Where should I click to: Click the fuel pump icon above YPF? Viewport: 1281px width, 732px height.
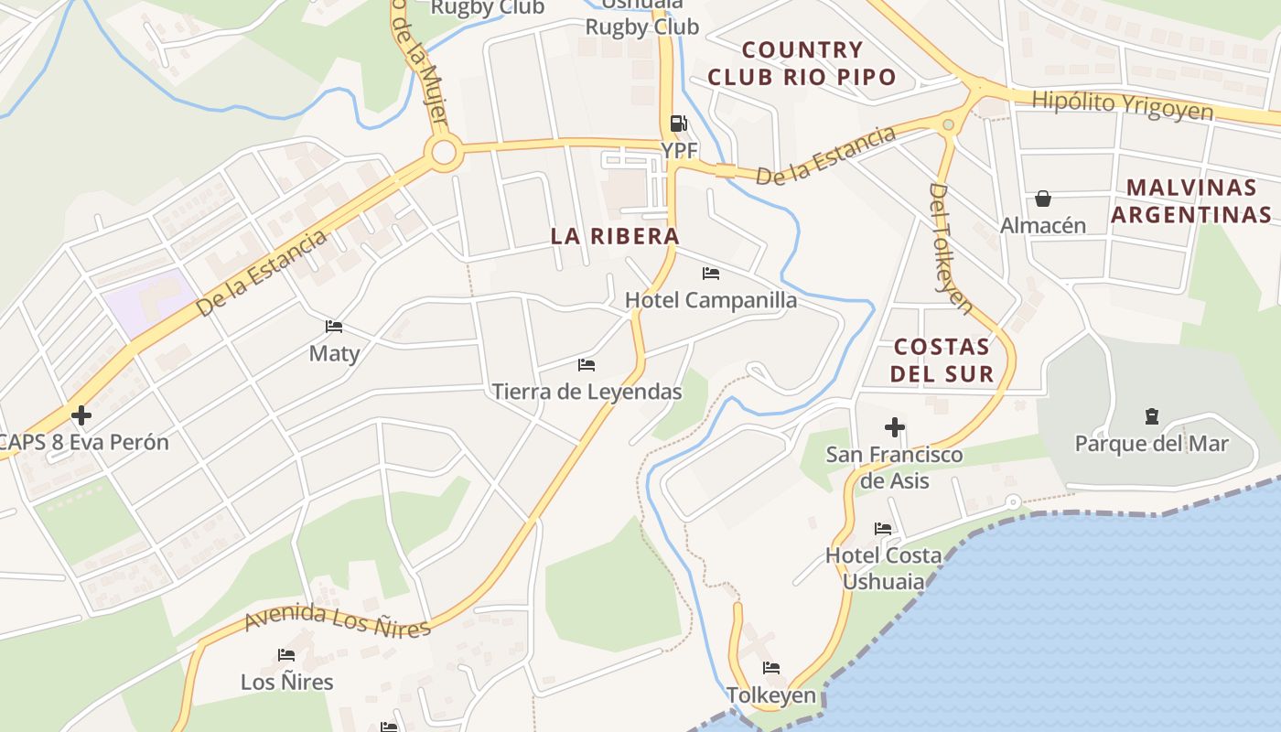(x=678, y=123)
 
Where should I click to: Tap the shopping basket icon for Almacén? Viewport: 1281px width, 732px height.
(x=1042, y=199)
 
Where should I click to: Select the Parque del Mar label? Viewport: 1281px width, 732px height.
(x=1151, y=444)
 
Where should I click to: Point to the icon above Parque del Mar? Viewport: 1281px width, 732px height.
(x=1151, y=417)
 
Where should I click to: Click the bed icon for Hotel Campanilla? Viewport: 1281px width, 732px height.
(x=711, y=273)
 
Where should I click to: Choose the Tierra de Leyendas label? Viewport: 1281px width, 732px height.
(x=587, y=392)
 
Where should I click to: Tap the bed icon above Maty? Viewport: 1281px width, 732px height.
(x=334, y=327)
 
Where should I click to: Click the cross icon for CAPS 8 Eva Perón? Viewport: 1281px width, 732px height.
(x=81, y=416)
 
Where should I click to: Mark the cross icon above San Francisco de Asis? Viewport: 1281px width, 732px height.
(x=895, y=427)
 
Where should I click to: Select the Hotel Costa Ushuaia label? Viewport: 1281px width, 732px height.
(x=883, y=568)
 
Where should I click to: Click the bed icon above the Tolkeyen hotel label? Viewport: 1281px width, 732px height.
(x=771, y=668)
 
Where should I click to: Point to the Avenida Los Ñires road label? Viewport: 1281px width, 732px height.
(x=337, y=620)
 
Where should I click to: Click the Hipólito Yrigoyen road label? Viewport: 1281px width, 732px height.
(x=1123, y=105)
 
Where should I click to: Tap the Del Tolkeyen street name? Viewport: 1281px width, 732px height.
(x=952, y=248)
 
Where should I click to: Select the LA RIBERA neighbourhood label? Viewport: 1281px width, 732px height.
(x=615, y=236)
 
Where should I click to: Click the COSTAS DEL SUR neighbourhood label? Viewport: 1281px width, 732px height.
(x=942, y=360)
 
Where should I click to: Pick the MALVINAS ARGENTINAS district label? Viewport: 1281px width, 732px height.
(x=1191, y=201)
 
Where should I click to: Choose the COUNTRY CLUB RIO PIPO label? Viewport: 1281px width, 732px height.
(x=802, y=63)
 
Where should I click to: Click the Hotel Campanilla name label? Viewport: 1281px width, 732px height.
(x=711, y=300)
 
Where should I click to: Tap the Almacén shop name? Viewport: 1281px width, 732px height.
(x=1043, y=225)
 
